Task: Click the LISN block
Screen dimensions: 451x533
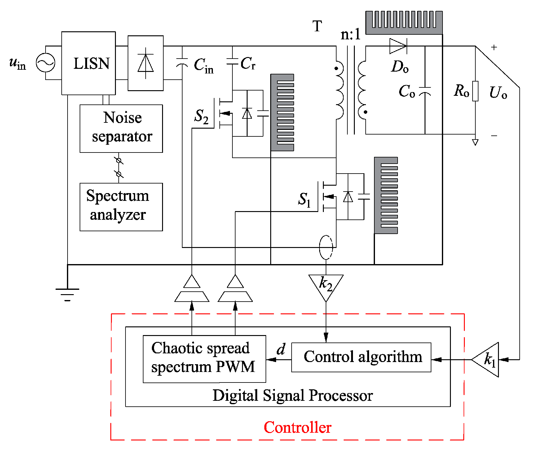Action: [x=89, y=63]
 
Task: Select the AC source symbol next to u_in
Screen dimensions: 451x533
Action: [x=46, y=63]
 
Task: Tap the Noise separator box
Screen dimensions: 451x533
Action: [x=121, y=128]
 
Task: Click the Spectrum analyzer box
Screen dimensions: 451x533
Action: [x=121, y=207]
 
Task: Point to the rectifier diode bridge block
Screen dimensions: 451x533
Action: [x=146, y=63]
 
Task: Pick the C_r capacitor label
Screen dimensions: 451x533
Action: [x=248, y=64]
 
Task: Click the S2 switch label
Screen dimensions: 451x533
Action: [x=201, y=117]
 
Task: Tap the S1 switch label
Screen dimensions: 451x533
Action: [x=304, y=200]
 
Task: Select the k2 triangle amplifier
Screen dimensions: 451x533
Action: [x=326, y=285]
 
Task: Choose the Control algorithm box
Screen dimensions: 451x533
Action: [x=361, y=357]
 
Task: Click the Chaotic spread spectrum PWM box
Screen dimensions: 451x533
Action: [x=204, y=359]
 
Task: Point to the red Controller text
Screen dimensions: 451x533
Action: [x=297, y=427]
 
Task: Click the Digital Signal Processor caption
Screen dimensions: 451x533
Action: [x=293, y=396]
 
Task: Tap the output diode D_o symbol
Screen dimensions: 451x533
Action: [x=398, y=46]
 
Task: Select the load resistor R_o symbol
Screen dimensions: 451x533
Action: [x=475, y=91]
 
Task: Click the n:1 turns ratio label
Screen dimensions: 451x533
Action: [x=350, y=34]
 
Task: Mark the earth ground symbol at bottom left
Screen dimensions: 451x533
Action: [x=67, y=293]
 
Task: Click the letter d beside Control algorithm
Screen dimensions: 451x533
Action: [x=281, y=349]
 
